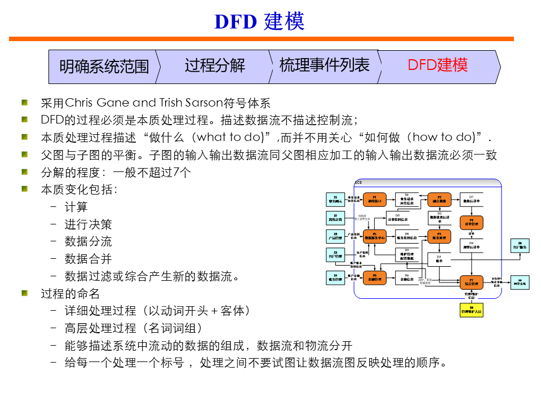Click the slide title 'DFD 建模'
pos(260,21)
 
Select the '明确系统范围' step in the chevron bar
pos(104,67)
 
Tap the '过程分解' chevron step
pos(215,65)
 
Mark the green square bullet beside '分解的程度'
pos(25,172)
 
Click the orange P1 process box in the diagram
pos(375,200)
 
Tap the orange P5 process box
pos(375,237)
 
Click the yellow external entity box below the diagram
pos(472,310)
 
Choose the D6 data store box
pos(407,277)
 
